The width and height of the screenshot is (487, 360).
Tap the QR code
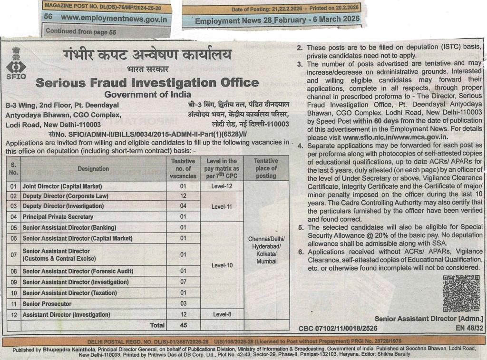click(x=461, y=293)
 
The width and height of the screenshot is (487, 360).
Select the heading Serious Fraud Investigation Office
click(x=147, y=82)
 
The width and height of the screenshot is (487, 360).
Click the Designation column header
click(x=93, y=168)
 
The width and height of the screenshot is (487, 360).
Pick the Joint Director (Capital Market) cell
click(x=62, y=186)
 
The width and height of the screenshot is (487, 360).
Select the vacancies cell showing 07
click(x=183, y=282)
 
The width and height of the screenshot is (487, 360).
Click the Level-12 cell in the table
click(x=223, y=186)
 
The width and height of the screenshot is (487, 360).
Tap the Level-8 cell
click(x=223, y=314)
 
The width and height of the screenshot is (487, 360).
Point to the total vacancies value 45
click(x=183, y=325)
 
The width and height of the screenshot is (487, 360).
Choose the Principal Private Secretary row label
click(x=58, y=217)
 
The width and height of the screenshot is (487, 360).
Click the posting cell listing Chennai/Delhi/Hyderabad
click(x=266, y=250)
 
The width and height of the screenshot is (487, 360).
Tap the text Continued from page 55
click(x=81, y=32)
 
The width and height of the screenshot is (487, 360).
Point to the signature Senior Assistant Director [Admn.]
click(x=429, y=318)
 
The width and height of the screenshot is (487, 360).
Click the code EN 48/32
click(x=469, y=328)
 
